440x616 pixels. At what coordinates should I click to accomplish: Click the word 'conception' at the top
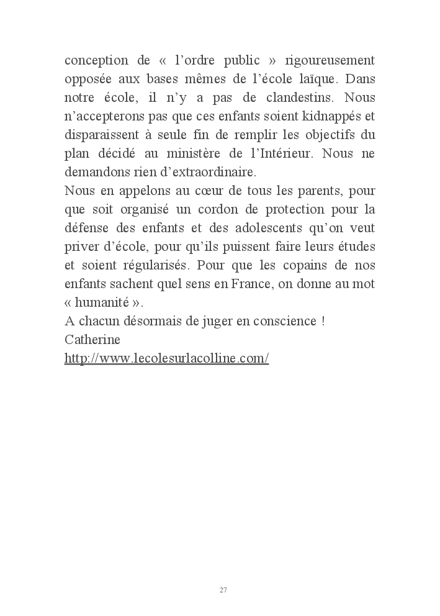92,61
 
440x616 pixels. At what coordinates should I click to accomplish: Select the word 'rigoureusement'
330,61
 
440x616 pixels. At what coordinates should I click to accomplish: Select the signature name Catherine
92,340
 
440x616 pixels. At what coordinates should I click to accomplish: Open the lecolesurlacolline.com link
166,359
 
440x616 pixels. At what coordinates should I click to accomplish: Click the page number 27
223,590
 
